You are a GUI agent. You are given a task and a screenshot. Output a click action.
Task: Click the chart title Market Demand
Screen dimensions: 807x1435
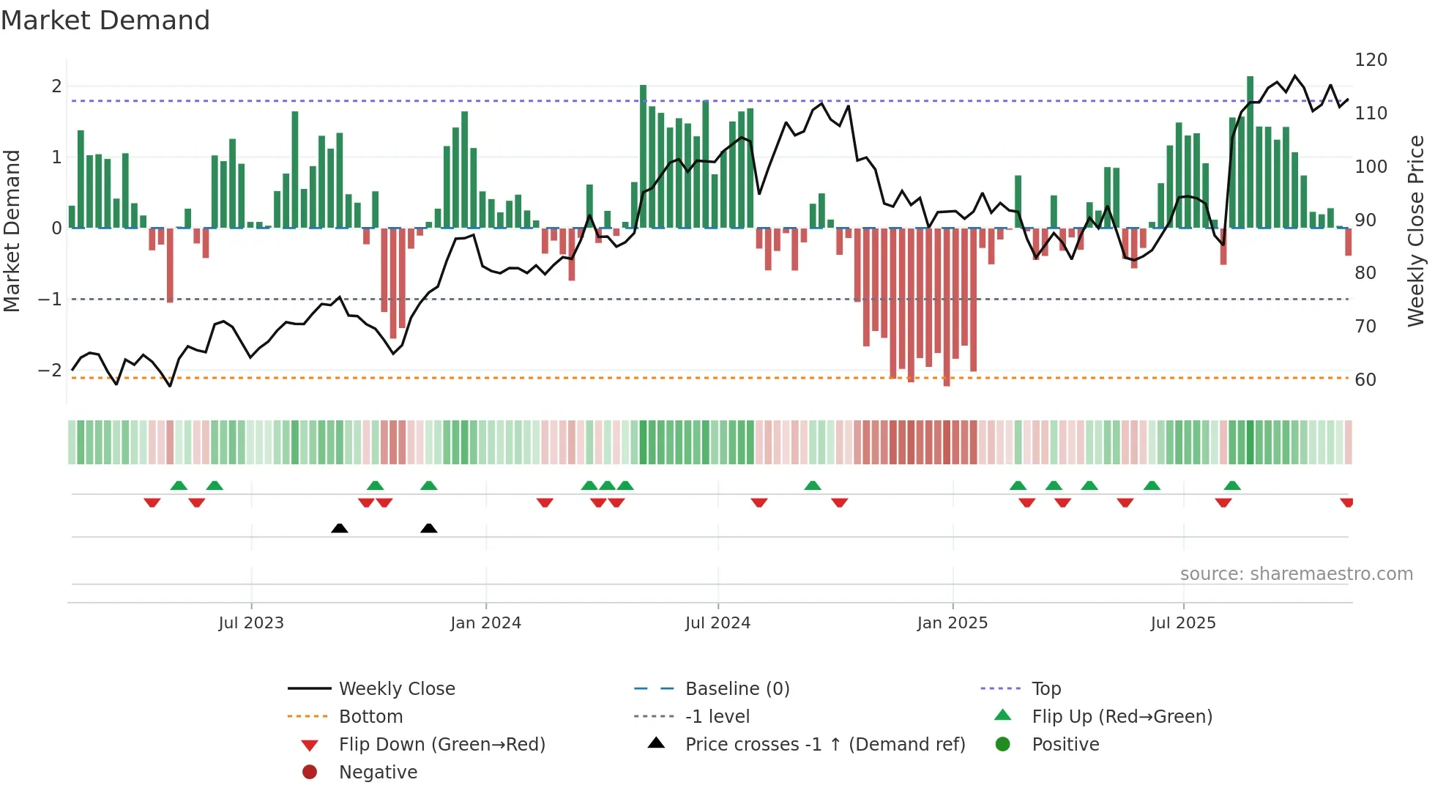coord(105,21)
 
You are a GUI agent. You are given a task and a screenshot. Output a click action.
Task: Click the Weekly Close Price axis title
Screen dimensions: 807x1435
coord(1416,231)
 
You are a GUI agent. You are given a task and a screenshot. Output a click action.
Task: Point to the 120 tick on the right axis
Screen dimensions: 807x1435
coord(1371,60)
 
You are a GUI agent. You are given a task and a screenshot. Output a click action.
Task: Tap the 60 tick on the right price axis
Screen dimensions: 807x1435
coord(1365,380)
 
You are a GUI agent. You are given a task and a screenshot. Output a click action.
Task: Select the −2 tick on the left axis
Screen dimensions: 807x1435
coord(50,371)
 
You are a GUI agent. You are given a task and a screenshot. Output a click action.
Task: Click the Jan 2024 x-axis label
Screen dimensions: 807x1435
coord(485,623)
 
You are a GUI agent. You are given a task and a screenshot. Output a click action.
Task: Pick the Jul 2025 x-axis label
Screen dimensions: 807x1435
coord(1182,623)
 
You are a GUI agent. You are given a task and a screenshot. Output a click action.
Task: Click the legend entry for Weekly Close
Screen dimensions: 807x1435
coord(396,689)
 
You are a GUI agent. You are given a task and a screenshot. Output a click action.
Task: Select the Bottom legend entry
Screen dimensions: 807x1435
coord(370,717)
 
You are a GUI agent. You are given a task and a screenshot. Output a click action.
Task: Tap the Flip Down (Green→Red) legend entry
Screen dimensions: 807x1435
coord(441,745)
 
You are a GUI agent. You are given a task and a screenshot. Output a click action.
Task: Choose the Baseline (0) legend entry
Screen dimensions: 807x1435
coord(737,689)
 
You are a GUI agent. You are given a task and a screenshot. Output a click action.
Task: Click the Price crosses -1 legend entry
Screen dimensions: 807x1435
coord(824,745)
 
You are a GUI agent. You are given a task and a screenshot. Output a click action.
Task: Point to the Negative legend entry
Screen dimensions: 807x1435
coord(378,773)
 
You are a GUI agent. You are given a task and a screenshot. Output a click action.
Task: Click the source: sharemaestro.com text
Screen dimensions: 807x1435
coord(1296,574)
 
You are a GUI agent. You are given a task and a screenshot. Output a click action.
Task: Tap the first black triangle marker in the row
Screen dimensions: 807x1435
coord(339,528)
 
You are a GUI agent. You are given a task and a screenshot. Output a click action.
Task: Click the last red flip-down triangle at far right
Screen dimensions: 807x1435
coord(1346,502)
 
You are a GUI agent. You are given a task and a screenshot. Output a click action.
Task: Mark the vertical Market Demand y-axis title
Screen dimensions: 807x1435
coord(12,231)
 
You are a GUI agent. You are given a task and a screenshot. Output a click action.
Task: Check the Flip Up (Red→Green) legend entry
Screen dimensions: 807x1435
coord(1122,717)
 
